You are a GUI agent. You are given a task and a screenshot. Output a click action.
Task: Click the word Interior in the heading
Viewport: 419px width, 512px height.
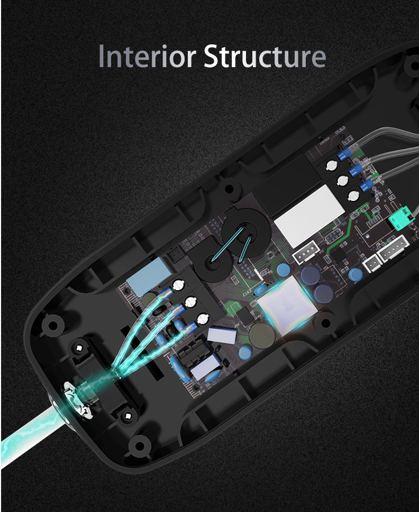(148, 56)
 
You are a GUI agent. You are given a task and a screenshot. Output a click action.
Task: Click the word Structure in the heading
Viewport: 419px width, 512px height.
(265, 56)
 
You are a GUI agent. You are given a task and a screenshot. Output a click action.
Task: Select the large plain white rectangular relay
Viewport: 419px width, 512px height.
(309, 216)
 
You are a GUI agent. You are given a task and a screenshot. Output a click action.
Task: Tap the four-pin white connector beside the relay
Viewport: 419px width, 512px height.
(306, 252)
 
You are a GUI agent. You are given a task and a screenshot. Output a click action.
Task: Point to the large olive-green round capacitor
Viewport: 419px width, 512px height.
(262, 335)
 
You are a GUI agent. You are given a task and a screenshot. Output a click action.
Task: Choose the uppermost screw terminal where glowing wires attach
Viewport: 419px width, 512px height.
(178, 285)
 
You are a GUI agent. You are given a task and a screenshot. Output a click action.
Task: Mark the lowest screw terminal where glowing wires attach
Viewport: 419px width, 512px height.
(203, 319)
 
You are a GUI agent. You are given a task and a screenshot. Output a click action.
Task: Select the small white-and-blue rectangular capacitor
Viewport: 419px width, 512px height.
(222, 336)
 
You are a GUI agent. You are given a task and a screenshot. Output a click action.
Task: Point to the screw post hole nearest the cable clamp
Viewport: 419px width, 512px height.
(79, 348)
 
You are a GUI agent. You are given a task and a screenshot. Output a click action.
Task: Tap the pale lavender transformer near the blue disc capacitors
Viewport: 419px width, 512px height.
(205, 367)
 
